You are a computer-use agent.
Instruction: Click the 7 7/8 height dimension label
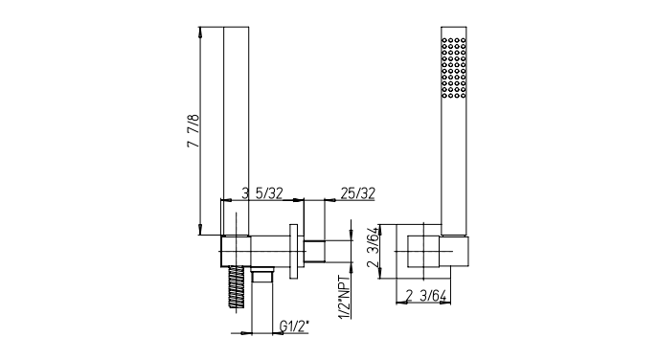coord(193,131)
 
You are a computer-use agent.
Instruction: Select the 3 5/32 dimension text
coord(262,193)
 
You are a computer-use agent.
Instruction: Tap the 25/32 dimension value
coord(357,193)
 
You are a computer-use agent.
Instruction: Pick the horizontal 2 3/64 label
coord(426,296)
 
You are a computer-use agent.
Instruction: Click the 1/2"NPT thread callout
coord(345,298)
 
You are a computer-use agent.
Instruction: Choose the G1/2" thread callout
coord(294,326)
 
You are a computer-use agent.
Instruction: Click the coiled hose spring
coord(237,288)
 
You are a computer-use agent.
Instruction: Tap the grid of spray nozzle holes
coord(454,68)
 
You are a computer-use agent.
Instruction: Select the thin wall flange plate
coord(293,251)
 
